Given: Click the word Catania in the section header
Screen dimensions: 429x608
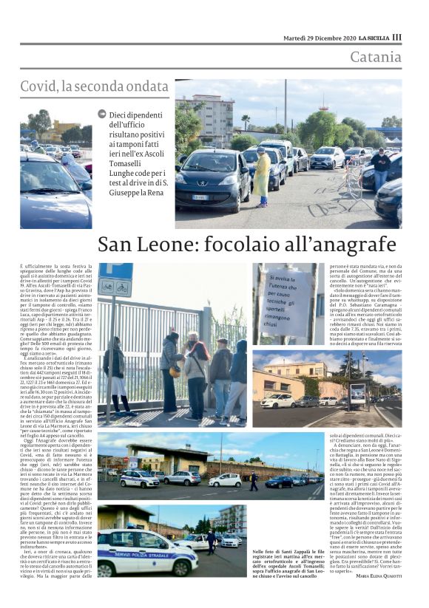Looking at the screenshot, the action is coord(376,57).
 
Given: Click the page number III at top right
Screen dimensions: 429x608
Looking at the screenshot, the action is coord(396,38).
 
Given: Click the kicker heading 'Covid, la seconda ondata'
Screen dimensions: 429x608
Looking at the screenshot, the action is coord(95,86).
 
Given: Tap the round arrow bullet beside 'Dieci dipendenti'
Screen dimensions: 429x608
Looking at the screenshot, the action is coord(101,115).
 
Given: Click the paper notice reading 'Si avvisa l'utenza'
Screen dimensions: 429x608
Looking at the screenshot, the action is coord(286,303).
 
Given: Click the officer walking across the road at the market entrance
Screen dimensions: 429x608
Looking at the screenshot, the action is coord(252,482).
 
